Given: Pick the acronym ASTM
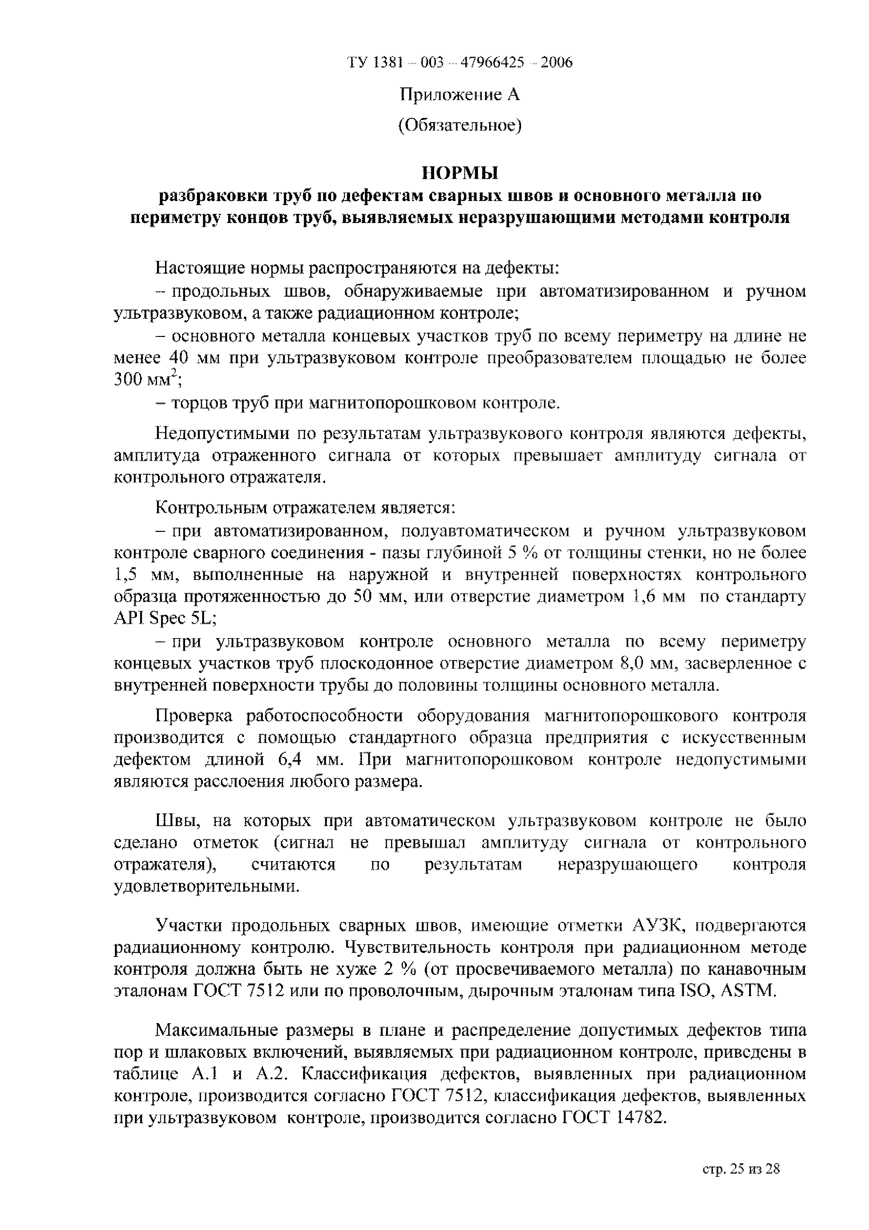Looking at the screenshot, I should point(747,991).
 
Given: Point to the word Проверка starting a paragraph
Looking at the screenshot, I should point(194,716).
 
